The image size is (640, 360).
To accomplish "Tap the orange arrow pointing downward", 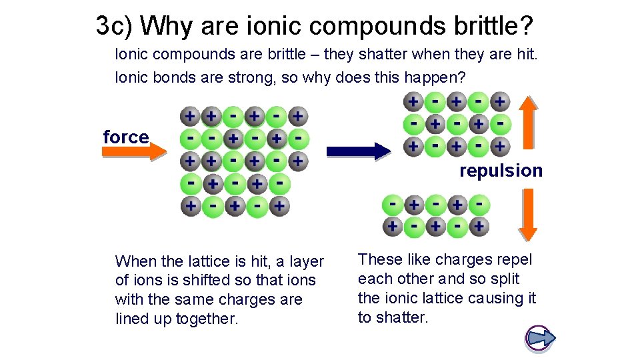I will [528, 214].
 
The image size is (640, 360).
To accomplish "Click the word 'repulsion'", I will [501, 171].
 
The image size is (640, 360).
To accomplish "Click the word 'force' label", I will [125, 137].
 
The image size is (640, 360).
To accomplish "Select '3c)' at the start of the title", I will [115, 26].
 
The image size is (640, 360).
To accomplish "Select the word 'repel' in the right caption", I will [514, 259].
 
